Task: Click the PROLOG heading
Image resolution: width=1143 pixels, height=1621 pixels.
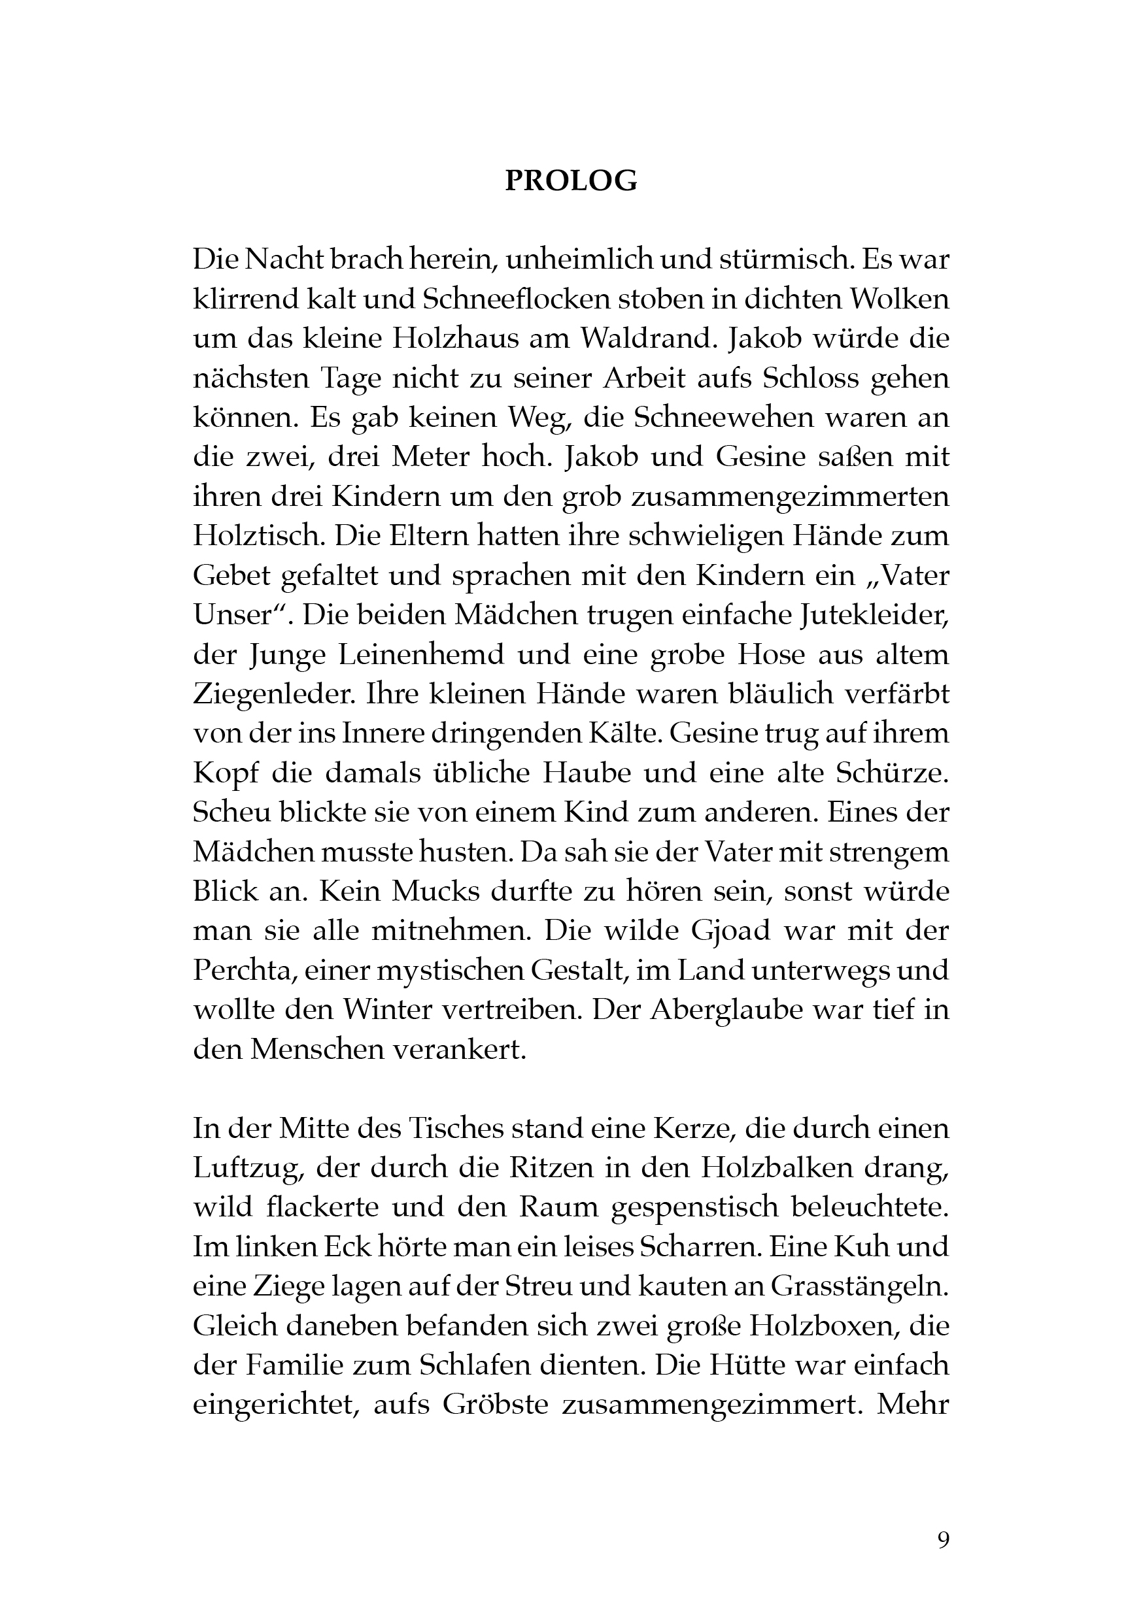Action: pyautogui.click(x=571, y=182)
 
